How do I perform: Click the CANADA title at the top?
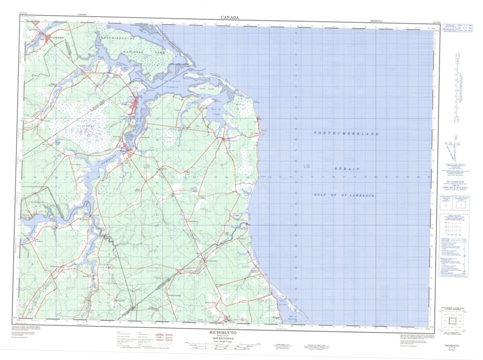tap(229, 17)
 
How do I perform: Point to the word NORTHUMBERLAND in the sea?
tap(346, 133)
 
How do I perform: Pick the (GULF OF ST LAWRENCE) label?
tap(344, 195)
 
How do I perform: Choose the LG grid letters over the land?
tap(146, 165)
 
